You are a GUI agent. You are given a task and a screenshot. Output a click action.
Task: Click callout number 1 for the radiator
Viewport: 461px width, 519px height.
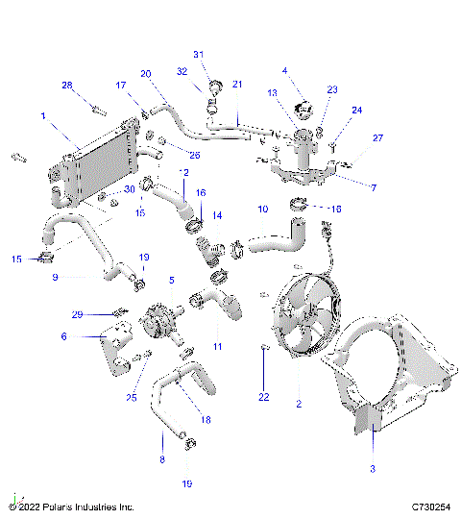tap(42, 115)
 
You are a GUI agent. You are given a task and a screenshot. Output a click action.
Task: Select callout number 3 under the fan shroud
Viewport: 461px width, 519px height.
tap(373, 468)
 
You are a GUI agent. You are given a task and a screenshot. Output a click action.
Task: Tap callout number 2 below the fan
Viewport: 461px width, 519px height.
tap(299, 405)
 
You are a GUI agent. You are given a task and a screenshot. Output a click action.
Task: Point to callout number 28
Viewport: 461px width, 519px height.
tap(67, 85)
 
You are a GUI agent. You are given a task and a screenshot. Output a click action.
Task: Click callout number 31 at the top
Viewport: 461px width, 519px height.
tap(199, 54)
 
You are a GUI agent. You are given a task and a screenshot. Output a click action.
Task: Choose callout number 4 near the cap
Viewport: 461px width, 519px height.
tap(284, 70)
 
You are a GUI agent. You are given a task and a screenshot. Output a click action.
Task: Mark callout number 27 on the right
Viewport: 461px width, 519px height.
tap(377, 138)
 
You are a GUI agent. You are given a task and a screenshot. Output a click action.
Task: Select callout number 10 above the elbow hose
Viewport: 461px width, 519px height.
tap(262, 209)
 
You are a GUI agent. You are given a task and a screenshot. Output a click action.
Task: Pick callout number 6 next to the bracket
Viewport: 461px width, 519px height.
tap(63, 336)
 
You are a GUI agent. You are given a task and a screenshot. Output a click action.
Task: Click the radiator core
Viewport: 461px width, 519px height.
tap(96, 173)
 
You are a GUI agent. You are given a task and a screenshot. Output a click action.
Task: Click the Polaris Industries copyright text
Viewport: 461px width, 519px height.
tap(72, 507)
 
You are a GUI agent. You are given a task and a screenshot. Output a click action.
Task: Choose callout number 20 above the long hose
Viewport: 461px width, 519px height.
tap(146, 73)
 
